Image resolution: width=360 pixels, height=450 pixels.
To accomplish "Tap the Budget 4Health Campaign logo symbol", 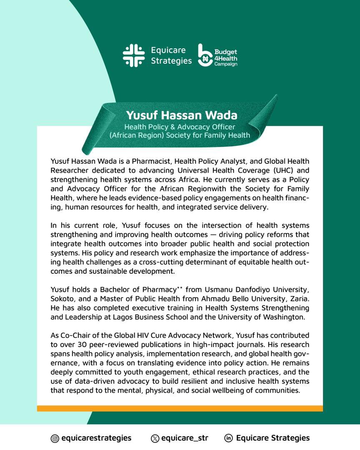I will pyautogui.click(x=205, y=55).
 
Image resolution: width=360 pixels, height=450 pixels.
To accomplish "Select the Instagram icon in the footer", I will pyautogui.click(x=54, y=438).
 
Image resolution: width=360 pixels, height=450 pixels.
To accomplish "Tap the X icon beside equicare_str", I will pyautogui.click(x=155, y=438).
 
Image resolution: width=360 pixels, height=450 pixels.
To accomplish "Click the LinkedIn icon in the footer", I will pyautogui.click(x=228, y=438).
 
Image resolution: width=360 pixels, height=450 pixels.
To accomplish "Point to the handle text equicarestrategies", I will pyautogui.click(x=96, y=438).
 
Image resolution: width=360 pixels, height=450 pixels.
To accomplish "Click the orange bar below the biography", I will pyautogui.click(x=180, y=408).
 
